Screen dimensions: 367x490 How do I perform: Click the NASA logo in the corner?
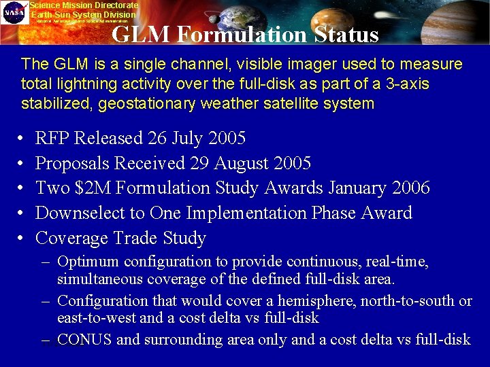(x=14, y=12)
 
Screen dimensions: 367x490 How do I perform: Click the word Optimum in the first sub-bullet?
(x=87, y=262)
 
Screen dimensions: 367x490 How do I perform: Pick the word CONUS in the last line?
(x=84, y=339)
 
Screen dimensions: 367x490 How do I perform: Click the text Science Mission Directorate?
(x=84, y=5)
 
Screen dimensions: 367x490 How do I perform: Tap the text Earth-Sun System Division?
(x=84, y=14)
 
